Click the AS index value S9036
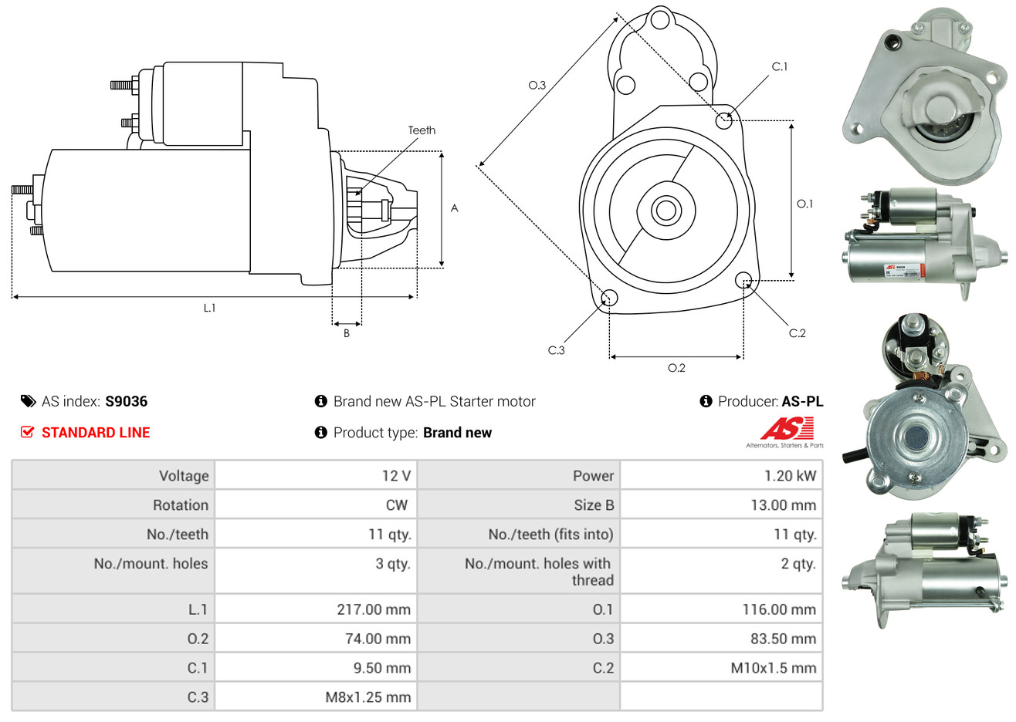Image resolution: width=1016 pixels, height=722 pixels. (x=126, y=401)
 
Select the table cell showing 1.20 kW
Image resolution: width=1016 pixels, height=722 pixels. (x=790, y=476)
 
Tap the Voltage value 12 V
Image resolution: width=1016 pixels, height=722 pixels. (x=396, y=476)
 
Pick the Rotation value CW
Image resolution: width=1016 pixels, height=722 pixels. (x=396, y=505)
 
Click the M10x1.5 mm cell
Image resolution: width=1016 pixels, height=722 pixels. (x=773, y=668)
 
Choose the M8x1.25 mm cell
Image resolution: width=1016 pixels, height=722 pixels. (x=367, y=697)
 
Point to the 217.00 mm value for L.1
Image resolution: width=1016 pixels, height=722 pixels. (x=374, y=609)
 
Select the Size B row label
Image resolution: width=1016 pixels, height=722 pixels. (x=594, y=505)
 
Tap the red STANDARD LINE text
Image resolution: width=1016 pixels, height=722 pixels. (x=96, y=433)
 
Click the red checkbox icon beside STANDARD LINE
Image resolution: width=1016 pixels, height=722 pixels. (x=28, y=433)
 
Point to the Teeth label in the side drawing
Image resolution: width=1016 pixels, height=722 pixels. (x=422, y=130)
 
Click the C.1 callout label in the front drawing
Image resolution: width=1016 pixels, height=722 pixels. (x=780, y=67)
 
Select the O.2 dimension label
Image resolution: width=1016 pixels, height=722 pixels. (x=676, y=368)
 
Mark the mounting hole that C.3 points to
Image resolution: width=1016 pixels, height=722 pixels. (x=609, y=298)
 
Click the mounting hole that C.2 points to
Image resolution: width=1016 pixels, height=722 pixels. (x=743, y=279)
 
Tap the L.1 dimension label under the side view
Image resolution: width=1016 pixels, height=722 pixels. (x=209, y=308)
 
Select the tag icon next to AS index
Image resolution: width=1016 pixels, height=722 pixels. (x=28, y=401)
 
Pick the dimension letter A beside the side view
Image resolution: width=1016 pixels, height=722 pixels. (x=455, y=208)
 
